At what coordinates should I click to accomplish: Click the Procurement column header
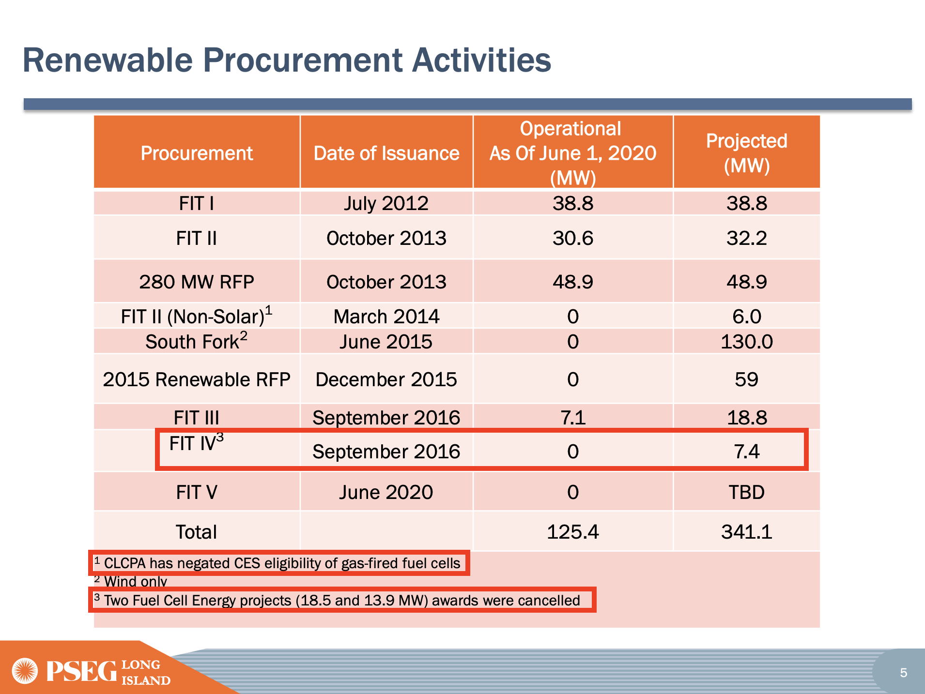click(197, 153)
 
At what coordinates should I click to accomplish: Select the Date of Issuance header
click(386, 153)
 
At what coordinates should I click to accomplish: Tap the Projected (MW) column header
click(746, 153)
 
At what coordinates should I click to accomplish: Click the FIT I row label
click(196, 204)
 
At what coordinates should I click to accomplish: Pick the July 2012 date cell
click(386, 204)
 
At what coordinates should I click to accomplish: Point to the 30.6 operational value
click(572, 238)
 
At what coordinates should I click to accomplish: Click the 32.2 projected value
click(746, 238)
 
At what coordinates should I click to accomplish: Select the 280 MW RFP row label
click(196, 282)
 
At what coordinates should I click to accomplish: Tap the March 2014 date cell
click(386, 317)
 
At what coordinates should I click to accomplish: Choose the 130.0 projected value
click(746, 342)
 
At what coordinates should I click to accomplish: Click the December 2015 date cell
click(386, 379)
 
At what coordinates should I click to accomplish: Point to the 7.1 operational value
click(572, 418)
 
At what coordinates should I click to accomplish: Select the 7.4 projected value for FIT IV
click(746, 452)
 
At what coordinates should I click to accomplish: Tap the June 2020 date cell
click(386, 492)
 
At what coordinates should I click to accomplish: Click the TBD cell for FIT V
click(746, 492)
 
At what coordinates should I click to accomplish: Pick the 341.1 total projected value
click(746, 532)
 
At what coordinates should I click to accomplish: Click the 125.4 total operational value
click(572, 532)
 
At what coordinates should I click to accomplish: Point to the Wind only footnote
click(135, 581)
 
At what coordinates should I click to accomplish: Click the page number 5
click(903, 673)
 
